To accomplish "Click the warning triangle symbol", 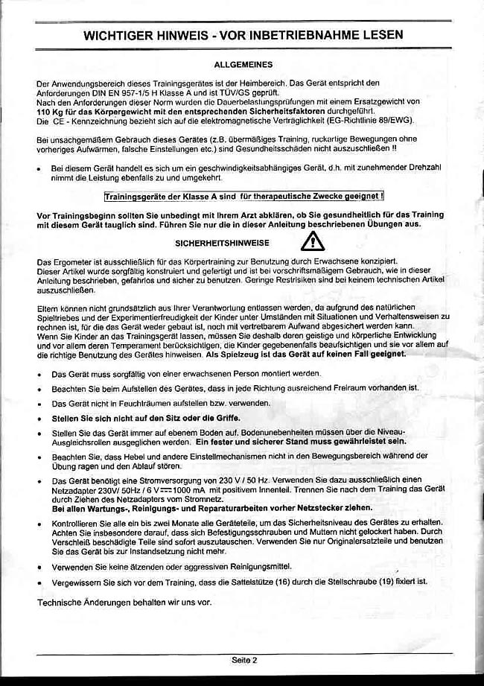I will [313, 241].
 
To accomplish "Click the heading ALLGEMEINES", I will [243, 66].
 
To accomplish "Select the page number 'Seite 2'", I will [243, 660].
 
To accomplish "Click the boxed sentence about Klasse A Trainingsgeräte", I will [244, 197].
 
